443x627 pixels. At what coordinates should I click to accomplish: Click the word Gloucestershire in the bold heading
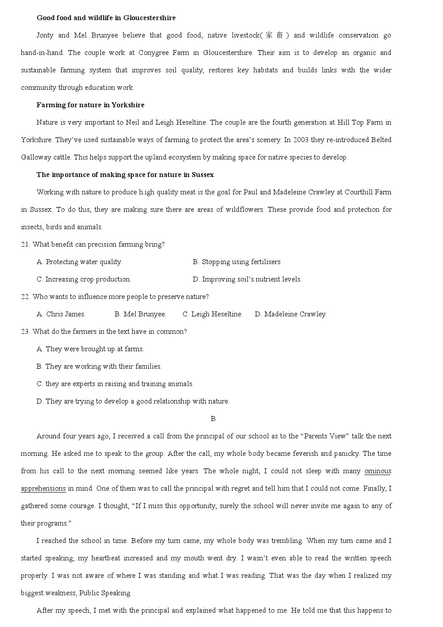(150, 18)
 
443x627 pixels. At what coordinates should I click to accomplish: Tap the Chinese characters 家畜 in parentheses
(274, 35)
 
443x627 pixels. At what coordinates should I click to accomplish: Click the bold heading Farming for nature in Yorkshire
(90, 105)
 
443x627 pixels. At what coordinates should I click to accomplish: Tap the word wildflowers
(244, 210)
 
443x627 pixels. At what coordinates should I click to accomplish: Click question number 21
(25, 244)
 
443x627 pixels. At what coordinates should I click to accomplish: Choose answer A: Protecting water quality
(79, 262)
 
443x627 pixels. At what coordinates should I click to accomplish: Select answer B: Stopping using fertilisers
(237, 262)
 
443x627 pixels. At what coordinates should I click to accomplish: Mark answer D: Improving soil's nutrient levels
(247, 279)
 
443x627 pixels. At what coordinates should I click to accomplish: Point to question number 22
(25, 297)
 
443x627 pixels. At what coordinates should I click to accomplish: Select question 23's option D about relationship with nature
(133, 401)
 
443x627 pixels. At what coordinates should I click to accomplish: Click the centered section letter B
(213, 419)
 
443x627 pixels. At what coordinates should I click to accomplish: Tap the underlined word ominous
(378, 471)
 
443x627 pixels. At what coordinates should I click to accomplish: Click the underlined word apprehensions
(43, 488)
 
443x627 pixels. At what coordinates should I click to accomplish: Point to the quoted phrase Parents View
(324, 436)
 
